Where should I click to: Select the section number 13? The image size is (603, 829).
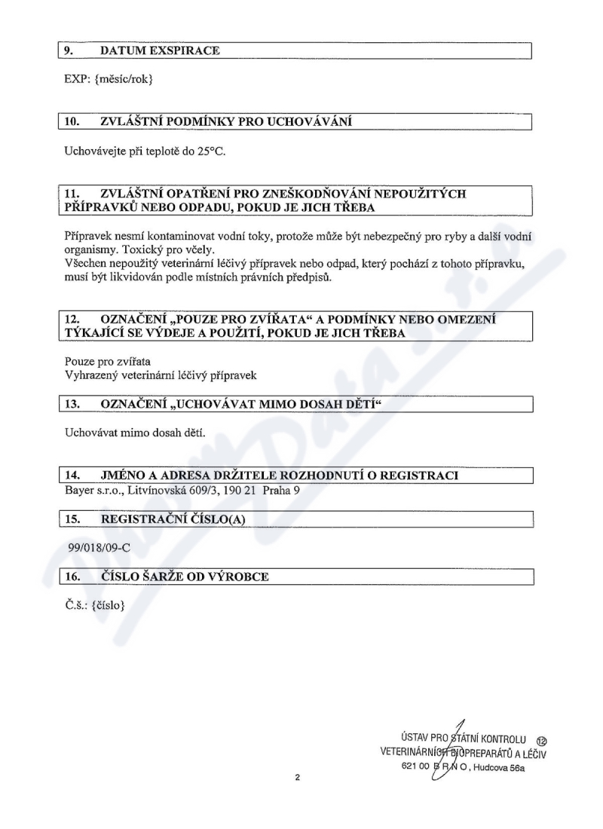(72, 405)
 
